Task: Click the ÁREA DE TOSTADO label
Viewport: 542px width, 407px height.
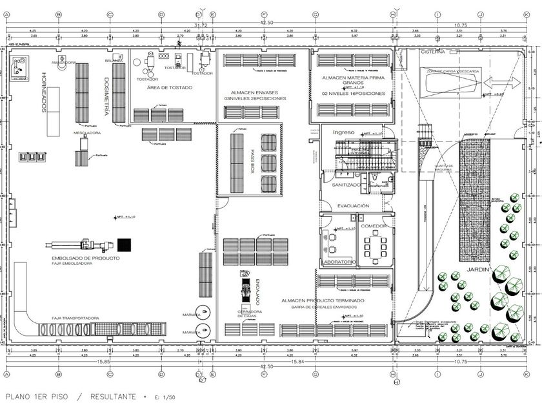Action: click(x=169, y=87)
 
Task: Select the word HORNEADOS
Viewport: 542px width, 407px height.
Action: click(x=45, y=91)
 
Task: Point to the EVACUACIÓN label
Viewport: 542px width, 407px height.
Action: click(x=353, y=205)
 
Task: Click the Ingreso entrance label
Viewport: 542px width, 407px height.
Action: click(x=344, y=132)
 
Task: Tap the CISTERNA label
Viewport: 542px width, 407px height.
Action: click(x=432, y=52)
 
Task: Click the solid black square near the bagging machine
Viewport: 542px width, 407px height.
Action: click(x=124, y=245)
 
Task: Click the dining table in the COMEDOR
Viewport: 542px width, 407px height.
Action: click(x=373, y=244)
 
